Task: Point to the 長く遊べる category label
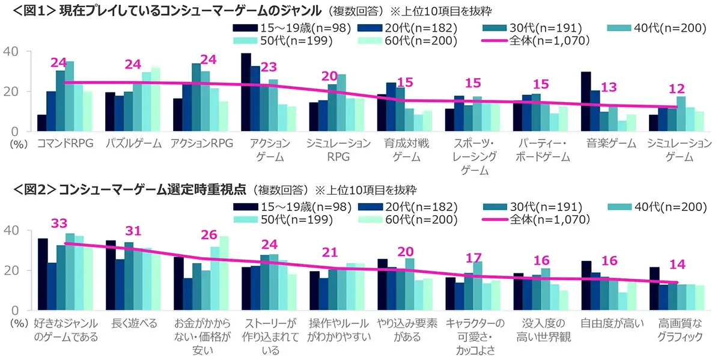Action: coord(132,323)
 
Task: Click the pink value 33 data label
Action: coord(58,224)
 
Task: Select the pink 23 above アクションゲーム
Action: coord(269,67)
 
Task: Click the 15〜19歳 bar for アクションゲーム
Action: coord(246,92)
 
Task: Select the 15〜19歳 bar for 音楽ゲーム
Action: coord(586,101)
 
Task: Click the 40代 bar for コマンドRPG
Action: coord(70,96)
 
